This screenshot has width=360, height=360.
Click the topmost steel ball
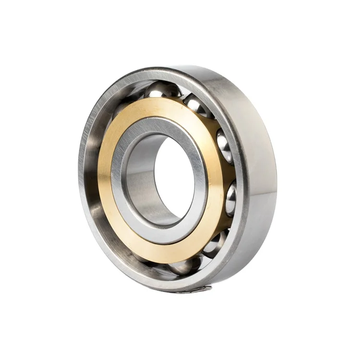pyautogui.click(x=163, y=90)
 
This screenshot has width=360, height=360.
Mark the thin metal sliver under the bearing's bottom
pyautogui.click(x=194, y=290)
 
